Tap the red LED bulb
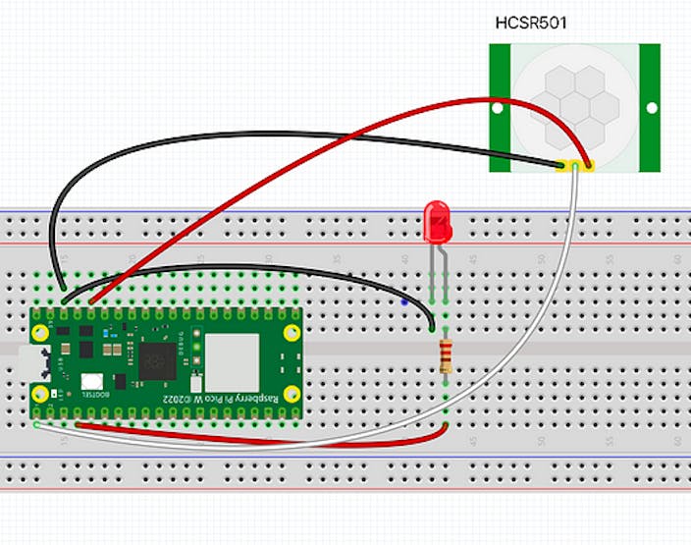coord(437,222)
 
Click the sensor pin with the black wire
coord(561,165)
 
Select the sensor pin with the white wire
coord(574,165)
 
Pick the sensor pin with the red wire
coord(587,165)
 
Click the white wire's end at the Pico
coord(36,424)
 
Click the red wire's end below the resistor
coord(445,426)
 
